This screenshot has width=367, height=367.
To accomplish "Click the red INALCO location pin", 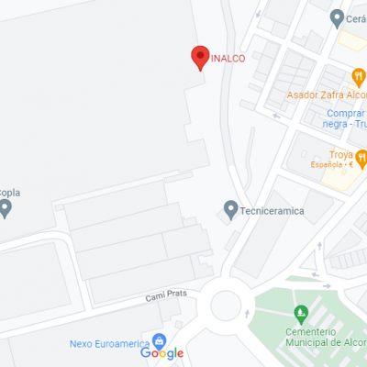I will coord(200,57).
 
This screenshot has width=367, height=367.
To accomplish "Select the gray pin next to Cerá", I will coord(337,17).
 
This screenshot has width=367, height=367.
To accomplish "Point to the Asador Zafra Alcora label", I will coord(327,95).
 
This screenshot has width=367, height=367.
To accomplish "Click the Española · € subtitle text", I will coord(332,165).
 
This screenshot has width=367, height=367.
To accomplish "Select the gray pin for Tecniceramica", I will coord(230,210).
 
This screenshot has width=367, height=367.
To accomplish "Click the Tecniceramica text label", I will coord(272,211).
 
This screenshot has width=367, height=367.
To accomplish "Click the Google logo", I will coord(162,353).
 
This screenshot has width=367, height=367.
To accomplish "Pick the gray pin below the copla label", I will coord(5,209).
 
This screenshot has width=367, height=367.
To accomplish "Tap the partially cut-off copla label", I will coord(10,193).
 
